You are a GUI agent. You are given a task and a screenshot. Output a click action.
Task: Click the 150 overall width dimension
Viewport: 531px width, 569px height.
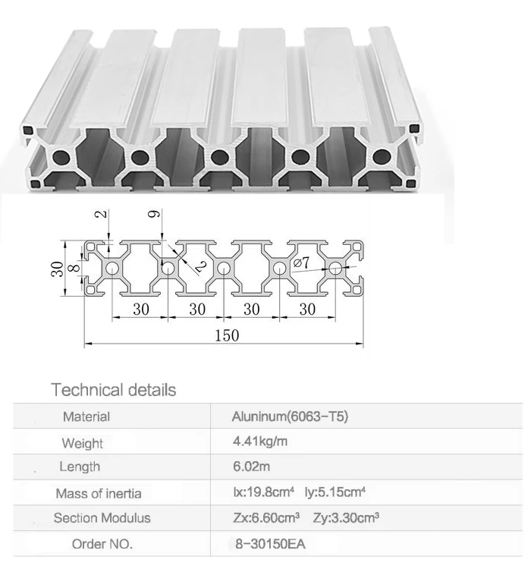coord(225,335)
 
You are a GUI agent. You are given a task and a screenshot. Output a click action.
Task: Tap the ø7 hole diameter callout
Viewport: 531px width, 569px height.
coord(300,263)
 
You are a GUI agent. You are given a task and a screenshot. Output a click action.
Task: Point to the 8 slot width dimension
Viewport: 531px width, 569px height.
coord(72,269)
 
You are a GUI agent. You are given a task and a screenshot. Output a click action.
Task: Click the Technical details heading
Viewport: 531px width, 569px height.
coord(113,390)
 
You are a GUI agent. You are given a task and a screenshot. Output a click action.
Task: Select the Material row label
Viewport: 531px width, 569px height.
coord(86,417)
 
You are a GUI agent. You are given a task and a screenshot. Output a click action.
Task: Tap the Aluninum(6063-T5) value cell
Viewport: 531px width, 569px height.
coord(289,416)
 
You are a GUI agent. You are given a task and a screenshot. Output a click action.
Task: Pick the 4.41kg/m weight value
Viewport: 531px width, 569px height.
coord(259,442)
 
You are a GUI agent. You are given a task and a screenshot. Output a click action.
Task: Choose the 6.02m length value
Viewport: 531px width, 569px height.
coord(250,467)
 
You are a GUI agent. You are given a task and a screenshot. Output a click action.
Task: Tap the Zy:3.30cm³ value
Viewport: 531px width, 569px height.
coord(346,518)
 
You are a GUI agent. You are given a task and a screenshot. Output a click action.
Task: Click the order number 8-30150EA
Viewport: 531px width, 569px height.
coord(270,543)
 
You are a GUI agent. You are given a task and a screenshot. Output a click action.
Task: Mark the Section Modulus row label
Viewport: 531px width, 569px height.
coord(102,519)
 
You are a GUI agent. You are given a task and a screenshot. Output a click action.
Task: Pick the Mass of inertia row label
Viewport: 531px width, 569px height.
coord(99,493)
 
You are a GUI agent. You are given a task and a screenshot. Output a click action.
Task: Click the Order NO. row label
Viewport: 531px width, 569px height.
coord(102,544)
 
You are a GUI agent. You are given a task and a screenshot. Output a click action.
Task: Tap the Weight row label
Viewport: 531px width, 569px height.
coord(83,442)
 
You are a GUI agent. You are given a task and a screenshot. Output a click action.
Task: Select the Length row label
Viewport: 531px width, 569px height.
coord(80,467)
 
